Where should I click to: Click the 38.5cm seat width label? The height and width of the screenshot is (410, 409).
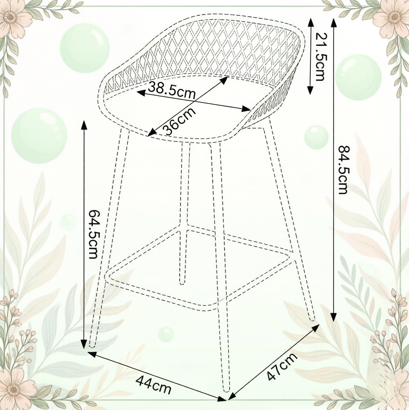(172, 91)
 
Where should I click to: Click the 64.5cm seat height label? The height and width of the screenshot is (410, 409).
(93, 234)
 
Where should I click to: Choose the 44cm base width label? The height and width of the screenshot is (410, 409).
(153, 385)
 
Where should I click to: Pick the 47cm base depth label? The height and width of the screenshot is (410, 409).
(282, 366)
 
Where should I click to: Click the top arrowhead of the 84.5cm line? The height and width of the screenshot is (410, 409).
(333, 23)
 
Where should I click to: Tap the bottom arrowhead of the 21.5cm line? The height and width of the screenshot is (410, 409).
(310, 90)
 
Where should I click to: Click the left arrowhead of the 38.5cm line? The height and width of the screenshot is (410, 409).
(141, 93)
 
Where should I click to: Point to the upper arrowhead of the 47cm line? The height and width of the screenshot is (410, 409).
(315, 328)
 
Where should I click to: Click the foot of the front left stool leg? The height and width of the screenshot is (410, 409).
(92, 346)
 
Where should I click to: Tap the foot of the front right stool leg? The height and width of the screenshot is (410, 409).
(227, 390)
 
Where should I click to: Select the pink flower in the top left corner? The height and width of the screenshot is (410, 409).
(11, 17)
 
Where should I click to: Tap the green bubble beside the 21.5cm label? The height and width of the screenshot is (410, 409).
(358, 77)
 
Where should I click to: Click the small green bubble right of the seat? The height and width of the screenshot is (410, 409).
(316, 137)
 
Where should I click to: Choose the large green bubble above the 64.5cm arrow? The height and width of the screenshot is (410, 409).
(39, 136)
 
